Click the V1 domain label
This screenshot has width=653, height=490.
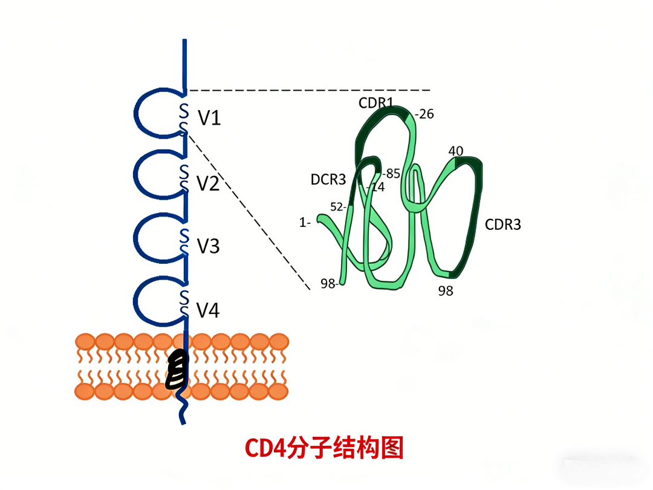(209, 118)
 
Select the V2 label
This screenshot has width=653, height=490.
(208, 184)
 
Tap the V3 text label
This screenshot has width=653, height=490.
(208, 246)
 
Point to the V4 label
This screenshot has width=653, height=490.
(208, 310)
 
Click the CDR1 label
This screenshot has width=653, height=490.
(375, 102)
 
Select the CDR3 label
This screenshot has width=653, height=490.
(502, 224)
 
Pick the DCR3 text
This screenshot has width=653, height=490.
(328, 180)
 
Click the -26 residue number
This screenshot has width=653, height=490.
(424, 114)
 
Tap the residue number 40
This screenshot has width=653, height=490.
(456, 151)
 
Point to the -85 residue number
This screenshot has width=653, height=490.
(391, 174)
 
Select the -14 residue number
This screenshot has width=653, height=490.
(376, 187)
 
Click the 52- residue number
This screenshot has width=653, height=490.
(338, 207)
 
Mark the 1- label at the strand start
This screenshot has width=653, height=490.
(305, 223)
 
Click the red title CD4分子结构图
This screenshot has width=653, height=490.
(324, 448)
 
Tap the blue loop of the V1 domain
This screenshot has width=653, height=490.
(135, 113)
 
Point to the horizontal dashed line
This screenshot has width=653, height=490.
(310, 90)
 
